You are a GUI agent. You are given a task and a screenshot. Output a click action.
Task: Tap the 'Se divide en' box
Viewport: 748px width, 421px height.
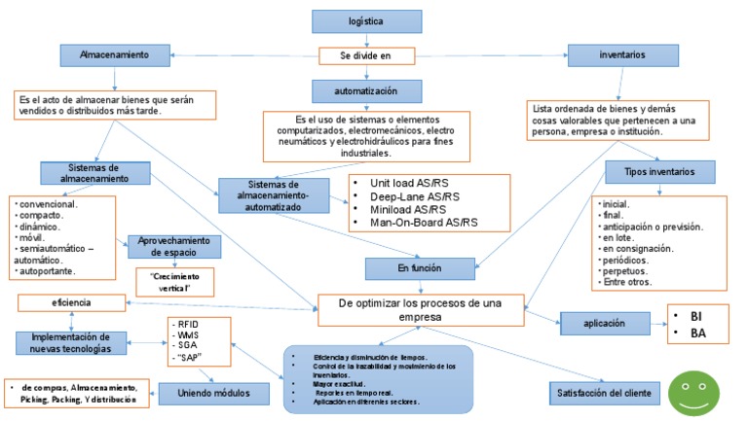(367, 56)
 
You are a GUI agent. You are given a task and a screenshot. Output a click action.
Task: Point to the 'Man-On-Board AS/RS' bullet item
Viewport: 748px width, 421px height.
(425, 223)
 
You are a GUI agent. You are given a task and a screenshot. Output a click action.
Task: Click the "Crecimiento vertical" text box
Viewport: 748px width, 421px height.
(174, 282)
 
